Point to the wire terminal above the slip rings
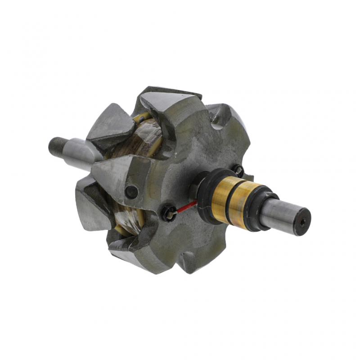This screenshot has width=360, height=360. coord(238,170)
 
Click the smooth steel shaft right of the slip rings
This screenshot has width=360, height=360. coord(281,213)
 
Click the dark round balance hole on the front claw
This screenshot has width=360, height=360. coord(131,192)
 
